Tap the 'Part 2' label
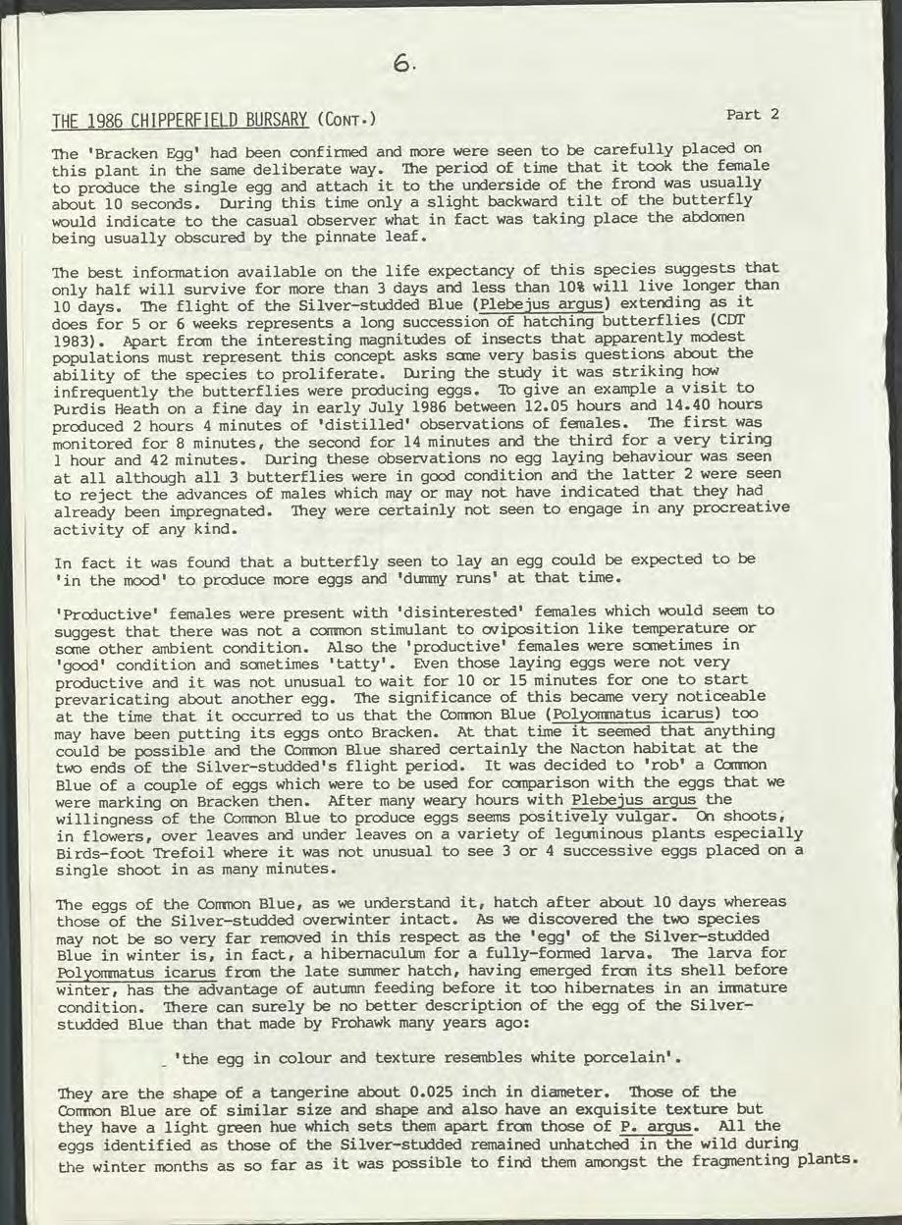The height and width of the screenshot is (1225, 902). (752, 114)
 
